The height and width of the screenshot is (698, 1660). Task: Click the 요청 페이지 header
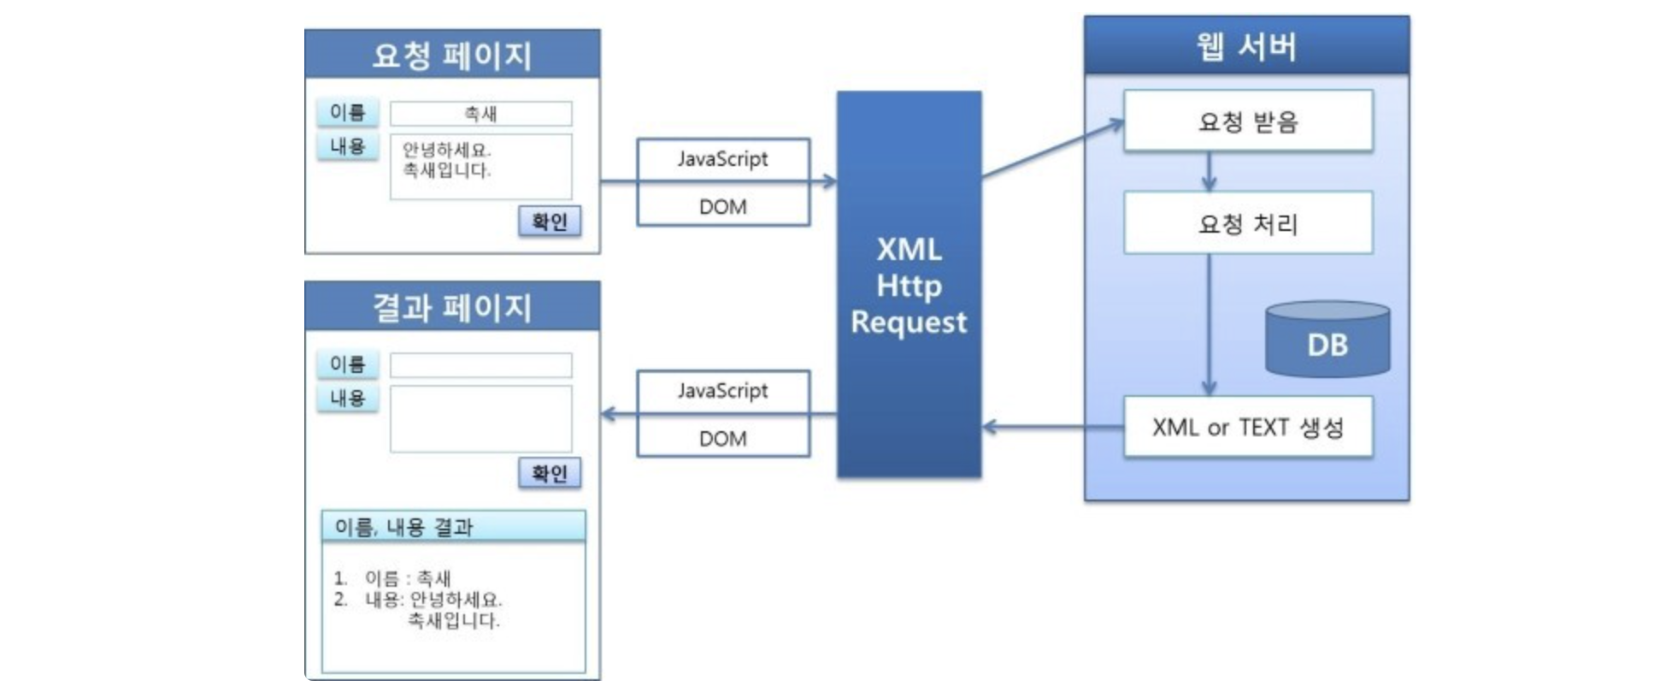(x=452, y=55)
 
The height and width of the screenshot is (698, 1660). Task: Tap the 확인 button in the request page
(x=550, y=222)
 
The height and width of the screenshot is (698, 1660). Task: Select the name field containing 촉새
(x=480, y=114)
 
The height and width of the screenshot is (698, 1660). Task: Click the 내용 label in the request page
(x=348, y=146)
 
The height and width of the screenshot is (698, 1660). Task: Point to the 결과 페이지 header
(x=452, y=306)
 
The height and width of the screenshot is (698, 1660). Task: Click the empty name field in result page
(x=480, y=365)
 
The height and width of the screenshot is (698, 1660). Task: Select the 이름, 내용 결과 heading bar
(x=453, y=527)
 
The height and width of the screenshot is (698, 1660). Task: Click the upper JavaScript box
(x=723, y=159)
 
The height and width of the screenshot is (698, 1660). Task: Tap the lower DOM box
(x=723, y=438)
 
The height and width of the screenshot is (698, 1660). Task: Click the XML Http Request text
(x=909, y=286)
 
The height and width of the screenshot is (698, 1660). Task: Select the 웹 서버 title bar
(x=1246, y=46)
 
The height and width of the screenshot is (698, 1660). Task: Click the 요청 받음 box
(x=1248, y=121)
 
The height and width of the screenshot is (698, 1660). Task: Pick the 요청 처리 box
(x=1248, y=223)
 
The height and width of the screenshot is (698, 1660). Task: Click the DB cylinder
(x=1327, y=340)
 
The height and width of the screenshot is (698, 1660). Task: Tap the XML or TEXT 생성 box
(x=1248, y=427)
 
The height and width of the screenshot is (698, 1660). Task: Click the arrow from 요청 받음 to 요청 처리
(x=1209, y=172)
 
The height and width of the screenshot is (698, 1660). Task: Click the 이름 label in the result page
(x=348, y=364)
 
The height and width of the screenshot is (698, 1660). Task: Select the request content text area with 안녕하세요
(x=480, y=167)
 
